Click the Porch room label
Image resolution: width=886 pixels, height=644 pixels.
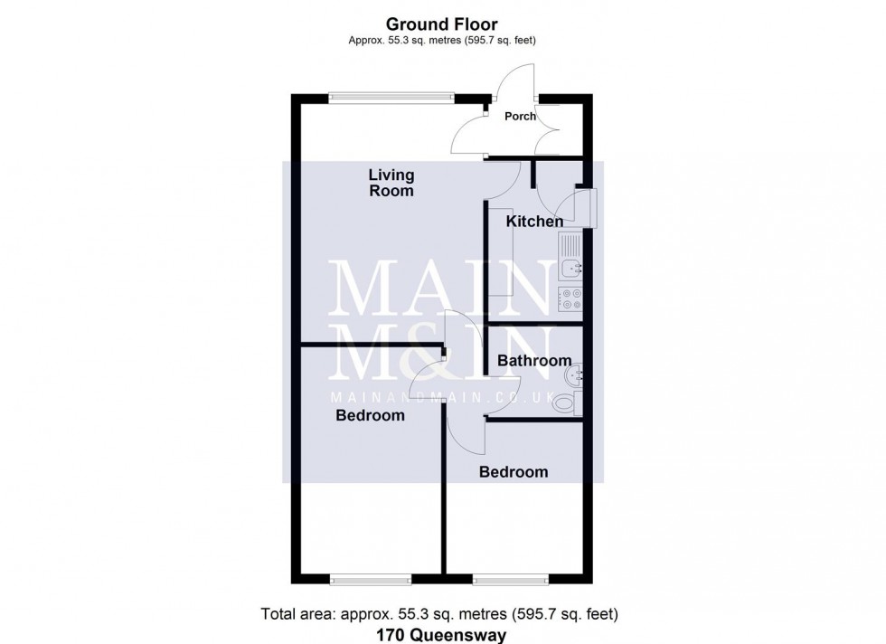coord(520,116)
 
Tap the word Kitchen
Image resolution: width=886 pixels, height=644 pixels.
coord(534,222)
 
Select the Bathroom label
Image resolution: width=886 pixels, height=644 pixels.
coord(534,361)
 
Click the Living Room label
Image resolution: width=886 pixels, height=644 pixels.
coord(391,183)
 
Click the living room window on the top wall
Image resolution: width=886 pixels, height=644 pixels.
coord(391,97)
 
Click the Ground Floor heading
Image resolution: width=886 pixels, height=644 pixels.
coord(442,24)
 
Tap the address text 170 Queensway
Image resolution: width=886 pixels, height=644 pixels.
coord(442,635)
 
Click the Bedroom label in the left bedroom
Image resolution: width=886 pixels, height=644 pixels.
coord(370,416)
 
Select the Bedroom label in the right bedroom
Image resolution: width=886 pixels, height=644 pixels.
coord(514,472)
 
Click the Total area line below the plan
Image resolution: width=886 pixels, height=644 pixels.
coord(439,614)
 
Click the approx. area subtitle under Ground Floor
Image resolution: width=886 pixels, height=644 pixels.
coord(443,40)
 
